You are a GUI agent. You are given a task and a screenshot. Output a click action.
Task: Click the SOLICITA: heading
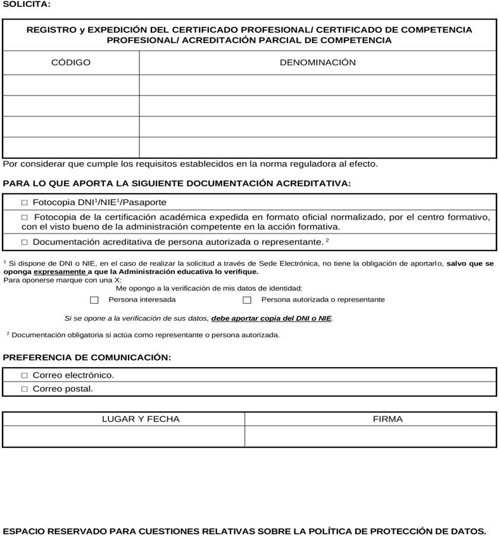(27, 4)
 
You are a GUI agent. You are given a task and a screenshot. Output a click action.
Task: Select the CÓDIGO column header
(71, 63)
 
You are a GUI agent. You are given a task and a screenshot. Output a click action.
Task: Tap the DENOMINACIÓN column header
(318, 63)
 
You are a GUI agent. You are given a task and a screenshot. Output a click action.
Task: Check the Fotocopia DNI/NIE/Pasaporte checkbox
(25, 203)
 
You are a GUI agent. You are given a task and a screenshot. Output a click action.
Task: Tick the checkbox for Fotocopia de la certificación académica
(25, 218)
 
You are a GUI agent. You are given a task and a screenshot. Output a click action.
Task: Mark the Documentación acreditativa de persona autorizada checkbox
(25, 242)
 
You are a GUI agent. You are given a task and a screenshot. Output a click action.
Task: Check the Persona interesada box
(94, 300)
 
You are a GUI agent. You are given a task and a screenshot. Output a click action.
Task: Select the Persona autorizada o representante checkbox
(247, 300)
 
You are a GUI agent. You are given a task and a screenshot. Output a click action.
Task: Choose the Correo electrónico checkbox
(25, 375)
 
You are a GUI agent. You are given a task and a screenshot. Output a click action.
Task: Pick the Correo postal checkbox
(25, 389)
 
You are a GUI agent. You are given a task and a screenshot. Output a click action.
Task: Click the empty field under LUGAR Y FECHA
(123, 436)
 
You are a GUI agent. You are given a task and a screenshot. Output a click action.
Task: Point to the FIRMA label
(388, 419)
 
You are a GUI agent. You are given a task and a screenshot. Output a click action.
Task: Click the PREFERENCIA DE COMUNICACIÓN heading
(87, 358)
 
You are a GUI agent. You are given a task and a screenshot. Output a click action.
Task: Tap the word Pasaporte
(144, 203)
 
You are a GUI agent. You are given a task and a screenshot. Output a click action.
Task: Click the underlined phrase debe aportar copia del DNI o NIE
(272, 318)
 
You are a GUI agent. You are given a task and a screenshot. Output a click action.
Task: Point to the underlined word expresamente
(60, 271)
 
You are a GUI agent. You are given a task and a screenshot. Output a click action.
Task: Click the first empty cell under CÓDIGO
(71, 85)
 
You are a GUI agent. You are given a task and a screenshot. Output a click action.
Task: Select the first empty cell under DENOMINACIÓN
(318, 85)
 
